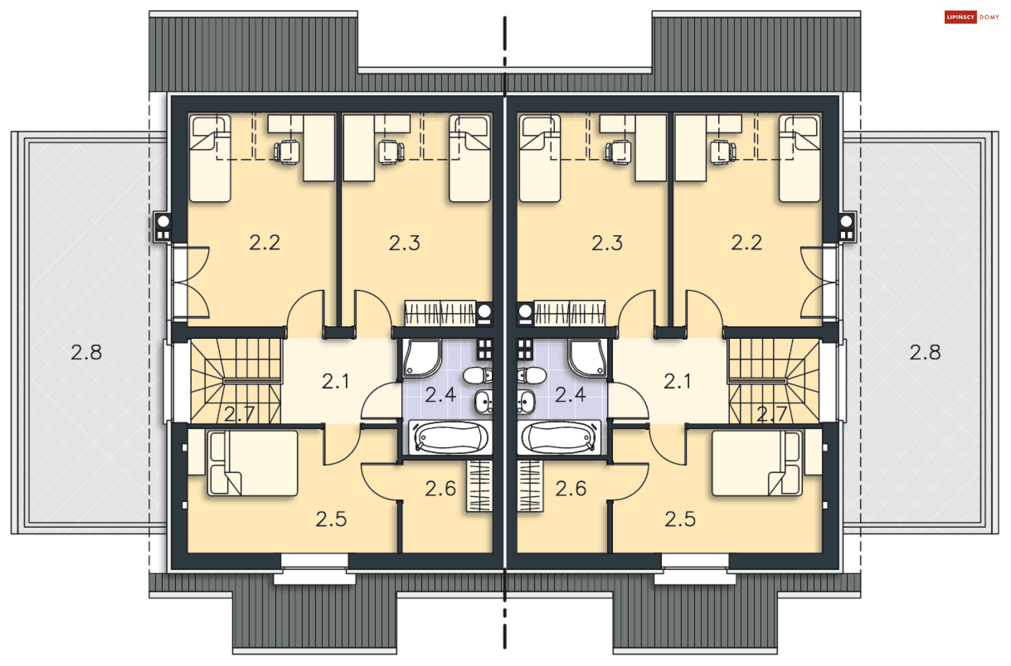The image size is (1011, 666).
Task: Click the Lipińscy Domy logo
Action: (x=972, y=17)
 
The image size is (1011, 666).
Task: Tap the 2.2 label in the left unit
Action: (x=264, y=243)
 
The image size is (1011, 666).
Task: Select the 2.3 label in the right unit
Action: (x=607, y=243)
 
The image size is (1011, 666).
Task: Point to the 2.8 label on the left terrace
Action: (x=86, y=352)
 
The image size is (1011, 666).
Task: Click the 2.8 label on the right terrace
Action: (x=925, y=352)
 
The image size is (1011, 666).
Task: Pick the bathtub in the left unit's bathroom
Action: (x=450, y=437)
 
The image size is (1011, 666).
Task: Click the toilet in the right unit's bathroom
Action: (x=532, y=376)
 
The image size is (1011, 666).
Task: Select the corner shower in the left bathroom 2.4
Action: (x=422, y=358)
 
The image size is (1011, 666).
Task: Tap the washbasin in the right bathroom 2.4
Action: (x=526, y=402)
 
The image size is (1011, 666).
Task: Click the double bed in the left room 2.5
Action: (x=253, y=463)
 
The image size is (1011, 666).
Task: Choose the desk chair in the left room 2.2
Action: (x=286, y=152)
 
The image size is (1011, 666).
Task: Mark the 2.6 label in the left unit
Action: (x=440, y=489)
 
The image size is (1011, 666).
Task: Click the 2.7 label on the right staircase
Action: (x=771, y=415)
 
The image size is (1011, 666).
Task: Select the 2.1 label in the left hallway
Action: (x=335, y=381)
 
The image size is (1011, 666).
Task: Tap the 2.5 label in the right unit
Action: (x=680, y=519)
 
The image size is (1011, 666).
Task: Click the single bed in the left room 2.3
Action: (x=470, y=158)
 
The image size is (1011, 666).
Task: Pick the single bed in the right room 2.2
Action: (x=800, y=158)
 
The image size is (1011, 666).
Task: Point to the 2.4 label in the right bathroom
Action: (x=570, y=395)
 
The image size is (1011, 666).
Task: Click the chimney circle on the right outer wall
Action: (x=847, y=220)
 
